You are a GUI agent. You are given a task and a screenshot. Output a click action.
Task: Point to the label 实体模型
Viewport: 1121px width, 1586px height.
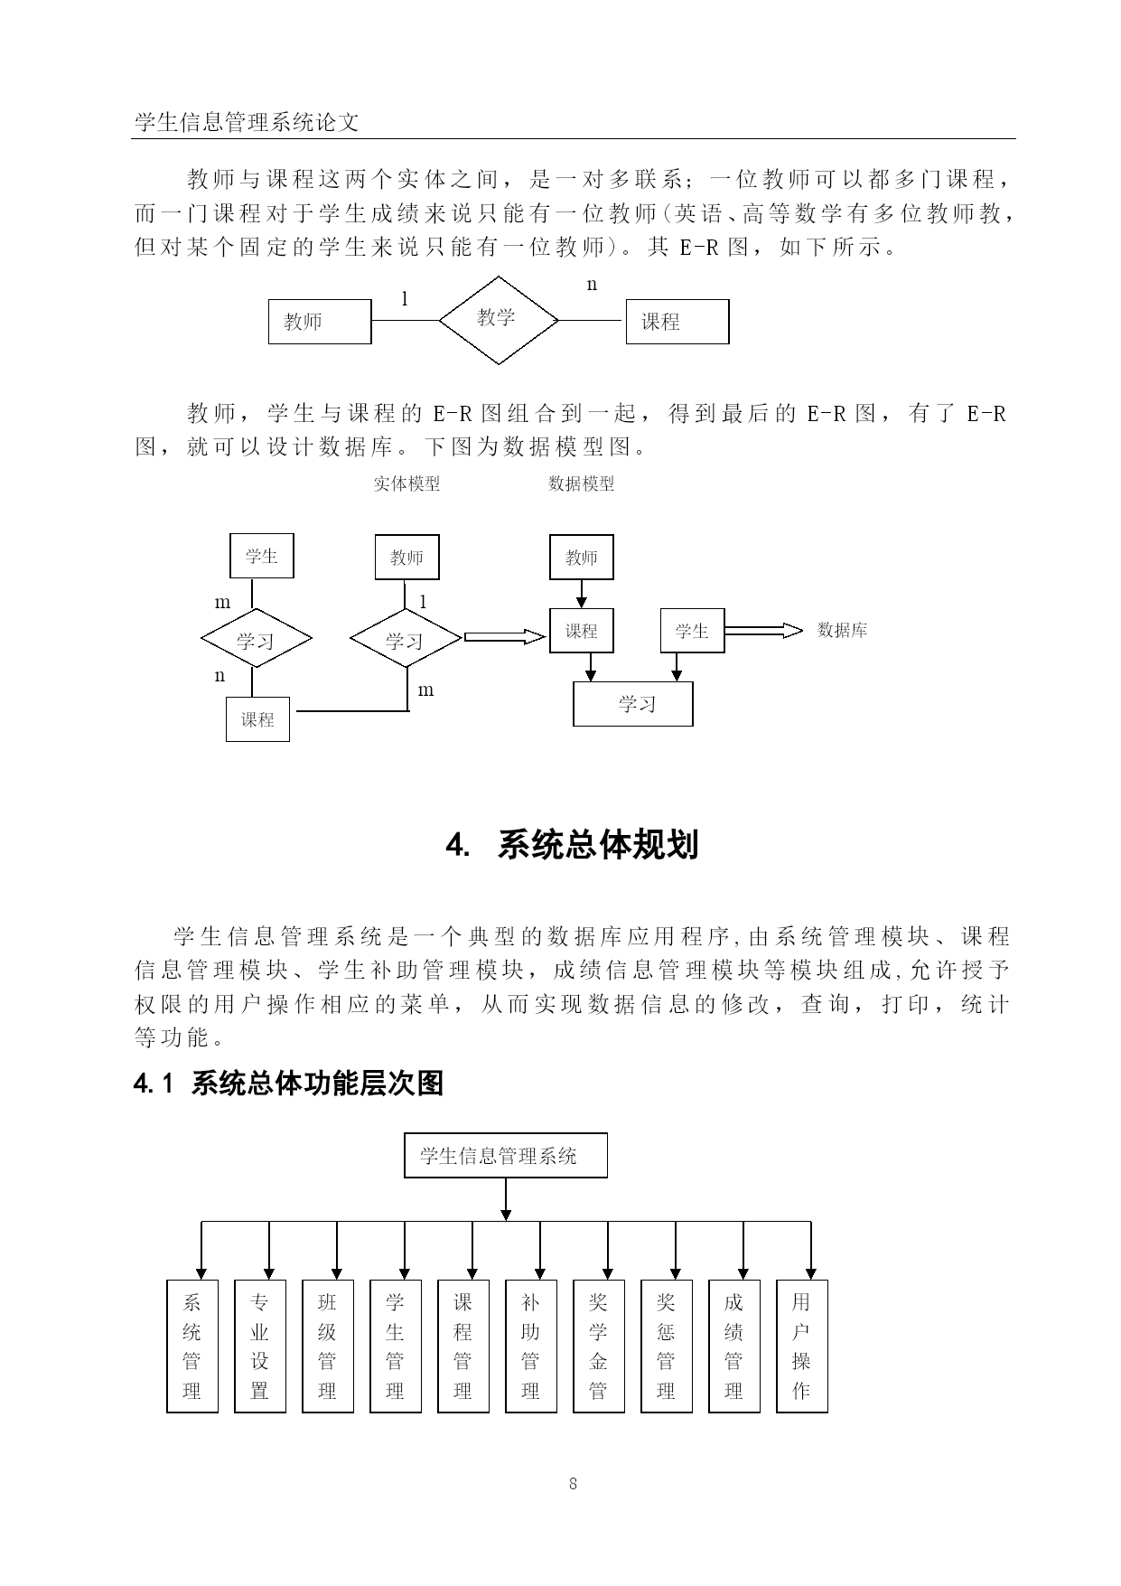point(407,483)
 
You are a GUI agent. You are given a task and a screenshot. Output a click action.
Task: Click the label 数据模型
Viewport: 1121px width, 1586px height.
point(582,483)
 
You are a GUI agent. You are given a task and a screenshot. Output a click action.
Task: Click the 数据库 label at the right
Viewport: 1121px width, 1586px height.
point(842,631)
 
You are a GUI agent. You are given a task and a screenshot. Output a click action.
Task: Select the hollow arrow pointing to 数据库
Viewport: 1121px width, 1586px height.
point(763,631)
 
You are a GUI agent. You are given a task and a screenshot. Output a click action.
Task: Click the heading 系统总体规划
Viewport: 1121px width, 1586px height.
point(598,845)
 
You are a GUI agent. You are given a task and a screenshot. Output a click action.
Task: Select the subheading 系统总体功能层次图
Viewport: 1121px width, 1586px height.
point(318,1083)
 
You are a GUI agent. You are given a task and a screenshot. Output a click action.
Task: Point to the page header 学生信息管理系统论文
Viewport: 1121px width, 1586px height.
point(247,122)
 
